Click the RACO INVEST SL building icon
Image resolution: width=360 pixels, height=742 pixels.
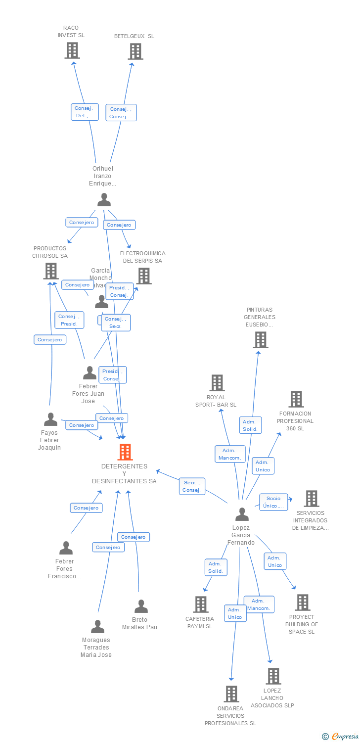click(72, 50)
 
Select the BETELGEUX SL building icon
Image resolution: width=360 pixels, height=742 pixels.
click(135, 51)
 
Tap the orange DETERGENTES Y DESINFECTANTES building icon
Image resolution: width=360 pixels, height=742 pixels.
click(125, 452)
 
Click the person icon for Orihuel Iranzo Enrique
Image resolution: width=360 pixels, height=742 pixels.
click(104, 200)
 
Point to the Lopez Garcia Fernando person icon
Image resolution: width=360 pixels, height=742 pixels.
click(242, 514)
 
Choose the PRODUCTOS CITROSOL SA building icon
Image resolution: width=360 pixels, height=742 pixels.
click(51, 271)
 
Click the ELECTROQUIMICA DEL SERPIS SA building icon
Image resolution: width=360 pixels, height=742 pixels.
click(144, 276)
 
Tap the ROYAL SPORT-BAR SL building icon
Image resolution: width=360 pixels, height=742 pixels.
click(217, 383)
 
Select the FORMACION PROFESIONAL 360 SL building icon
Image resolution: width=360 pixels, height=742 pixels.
click(296, 399)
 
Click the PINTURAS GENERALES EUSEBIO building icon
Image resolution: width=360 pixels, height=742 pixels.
click(261, 340)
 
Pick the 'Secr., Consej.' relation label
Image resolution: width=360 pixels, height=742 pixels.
click(191, 486)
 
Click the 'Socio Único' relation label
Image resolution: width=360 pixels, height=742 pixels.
click(273, 502)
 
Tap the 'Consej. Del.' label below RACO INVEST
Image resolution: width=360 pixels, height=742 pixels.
click(85, 112)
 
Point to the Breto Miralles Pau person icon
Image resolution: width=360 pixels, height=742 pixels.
click(141, 606)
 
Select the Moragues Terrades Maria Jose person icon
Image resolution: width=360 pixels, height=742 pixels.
click(97, 627)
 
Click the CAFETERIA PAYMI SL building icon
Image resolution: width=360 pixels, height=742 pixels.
click(201, 604)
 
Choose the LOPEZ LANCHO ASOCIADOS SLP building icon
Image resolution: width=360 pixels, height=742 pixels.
click(273, 676)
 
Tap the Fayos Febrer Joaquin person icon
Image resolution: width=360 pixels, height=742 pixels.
click(50, 419)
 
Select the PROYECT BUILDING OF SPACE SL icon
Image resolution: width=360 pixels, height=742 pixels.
click(303, 603)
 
